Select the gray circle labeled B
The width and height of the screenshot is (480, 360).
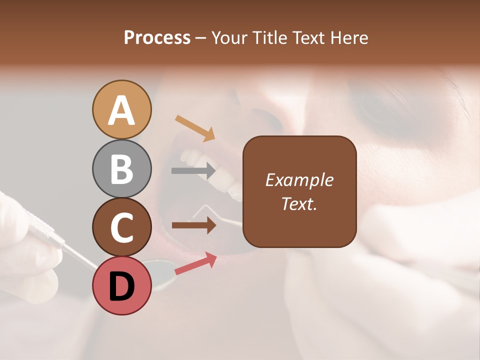point(122,168)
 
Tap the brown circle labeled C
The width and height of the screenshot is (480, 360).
point(122,227)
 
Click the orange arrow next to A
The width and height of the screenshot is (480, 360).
point(195,128)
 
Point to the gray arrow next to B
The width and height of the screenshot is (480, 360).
point(193,171)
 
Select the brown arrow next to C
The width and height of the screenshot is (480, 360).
point(194,225)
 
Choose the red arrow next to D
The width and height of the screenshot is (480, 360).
point(195,264)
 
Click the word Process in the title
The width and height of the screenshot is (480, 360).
point(157,37)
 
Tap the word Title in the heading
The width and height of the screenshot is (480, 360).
point(268,37)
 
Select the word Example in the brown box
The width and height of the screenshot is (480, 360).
point(299,180)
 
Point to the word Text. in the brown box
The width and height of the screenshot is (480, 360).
point(299,203)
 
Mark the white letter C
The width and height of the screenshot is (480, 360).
point(122,227)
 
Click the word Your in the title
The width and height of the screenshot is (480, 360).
point(229,37)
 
